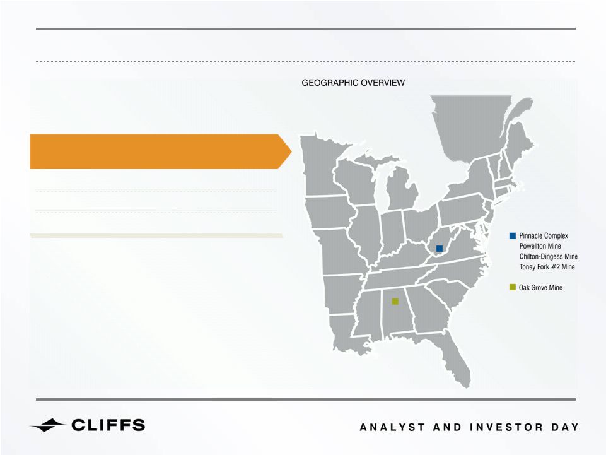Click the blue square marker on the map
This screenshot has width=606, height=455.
coord(440,249)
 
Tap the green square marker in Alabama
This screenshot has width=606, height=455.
coord(395,302)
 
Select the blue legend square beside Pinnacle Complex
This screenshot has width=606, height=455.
coord(513,235)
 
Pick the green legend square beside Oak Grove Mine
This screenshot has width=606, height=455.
coord(513,287)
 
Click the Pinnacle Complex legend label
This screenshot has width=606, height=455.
coord(544,235)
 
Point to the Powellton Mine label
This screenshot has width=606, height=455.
coord(540,246)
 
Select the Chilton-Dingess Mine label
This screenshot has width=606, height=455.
coord(548,256)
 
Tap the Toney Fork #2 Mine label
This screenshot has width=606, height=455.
coord(547,267)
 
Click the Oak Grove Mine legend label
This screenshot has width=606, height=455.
coord(540,288)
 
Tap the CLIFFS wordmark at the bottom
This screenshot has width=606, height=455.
coord(108,425)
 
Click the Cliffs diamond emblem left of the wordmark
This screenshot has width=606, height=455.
coord(48,425)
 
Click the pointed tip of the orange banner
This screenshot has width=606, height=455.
coord(291,151)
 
